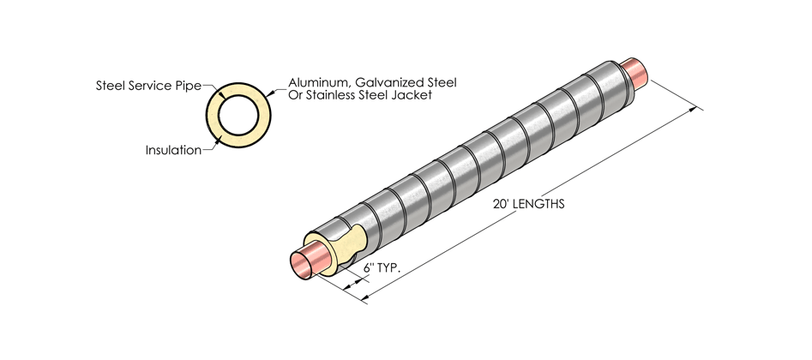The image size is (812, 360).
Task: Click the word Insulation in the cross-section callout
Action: [173, 150]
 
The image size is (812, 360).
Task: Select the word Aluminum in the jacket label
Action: [308, 81]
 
